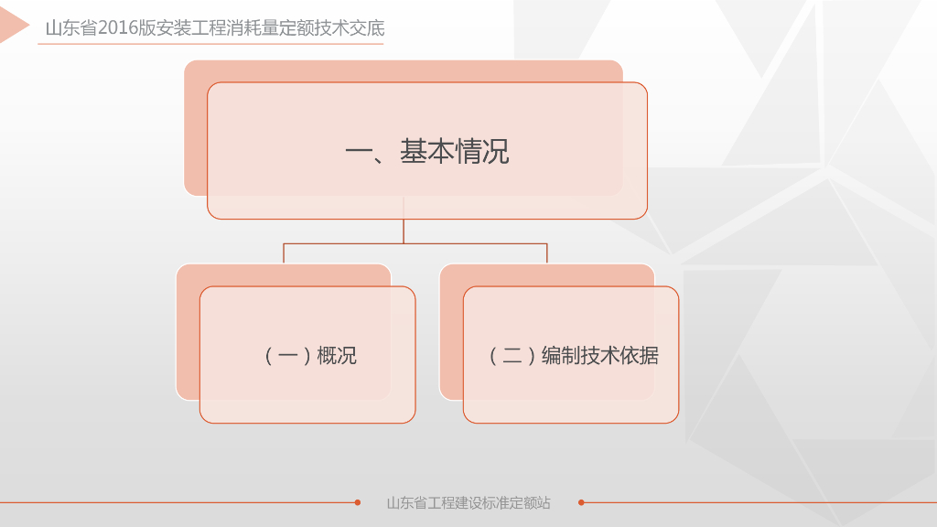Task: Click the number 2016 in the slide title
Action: [118, 28]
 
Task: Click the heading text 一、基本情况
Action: [426, 152]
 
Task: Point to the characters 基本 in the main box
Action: [426, 152]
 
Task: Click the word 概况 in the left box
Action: [337, 355]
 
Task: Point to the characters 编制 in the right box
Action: [561, 355]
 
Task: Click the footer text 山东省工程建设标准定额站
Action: [468, 502]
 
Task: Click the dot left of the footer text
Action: [357, 502]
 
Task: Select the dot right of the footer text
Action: [581, 502]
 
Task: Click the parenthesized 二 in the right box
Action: [512, 355]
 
